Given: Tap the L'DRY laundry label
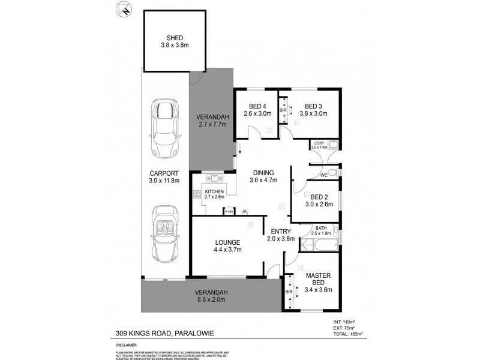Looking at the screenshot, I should (x=319, y=145).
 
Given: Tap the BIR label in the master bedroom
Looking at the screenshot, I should (x=289, y=292).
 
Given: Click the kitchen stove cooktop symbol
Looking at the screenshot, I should (x=197, y=194).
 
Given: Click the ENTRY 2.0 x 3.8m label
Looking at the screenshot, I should (x=280, y=235).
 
